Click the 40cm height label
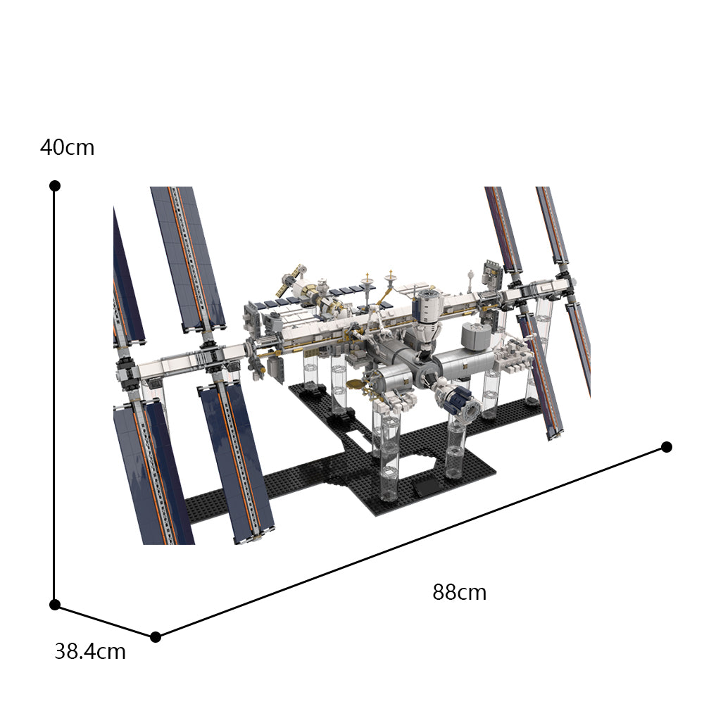coord(67,148)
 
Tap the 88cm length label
coord(459,593)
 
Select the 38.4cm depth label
coord(90,652)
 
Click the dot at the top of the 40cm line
coord(55,186)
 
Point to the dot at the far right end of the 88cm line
coord(667,447)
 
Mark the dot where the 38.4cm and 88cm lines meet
coord(156,637)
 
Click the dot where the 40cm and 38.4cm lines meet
coord(55,605)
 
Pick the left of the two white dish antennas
coord(366,282)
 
